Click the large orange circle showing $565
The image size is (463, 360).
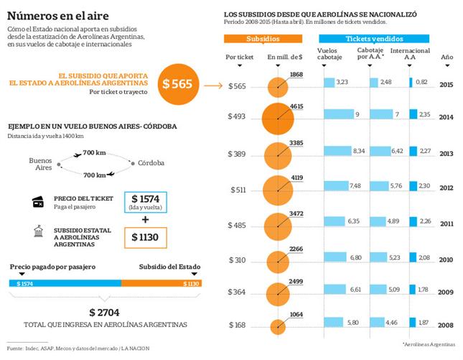click(x=177, y=83)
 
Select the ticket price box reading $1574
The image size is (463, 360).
click(x=145, y=202)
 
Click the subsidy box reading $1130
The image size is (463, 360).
click(x=145, y=236)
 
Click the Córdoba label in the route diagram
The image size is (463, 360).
click(x=152, y=162)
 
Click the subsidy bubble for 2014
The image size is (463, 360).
click(x=277, y=119)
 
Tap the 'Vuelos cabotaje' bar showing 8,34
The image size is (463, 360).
click(x=346, y=152)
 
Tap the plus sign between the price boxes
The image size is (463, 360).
click(x=145, y=219)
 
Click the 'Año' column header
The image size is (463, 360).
click(x=446, y=56)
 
